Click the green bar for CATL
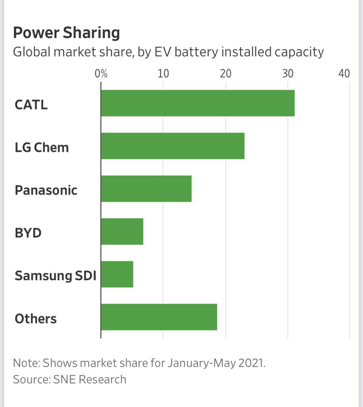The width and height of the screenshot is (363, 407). coord(197,103)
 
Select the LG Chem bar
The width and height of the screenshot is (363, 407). coord(172,146)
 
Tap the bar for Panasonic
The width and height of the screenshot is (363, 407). coord(146,188)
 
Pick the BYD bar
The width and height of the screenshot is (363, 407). coord(122,231)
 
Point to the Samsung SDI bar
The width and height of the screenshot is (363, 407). coord(117,274)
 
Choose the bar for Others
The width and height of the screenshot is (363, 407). coord(159,317)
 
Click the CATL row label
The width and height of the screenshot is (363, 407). coord(31,105)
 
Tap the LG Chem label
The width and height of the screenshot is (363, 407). coord(42,147)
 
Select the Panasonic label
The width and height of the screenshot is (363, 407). coord(46,190)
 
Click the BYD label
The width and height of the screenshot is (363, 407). coord(28,233)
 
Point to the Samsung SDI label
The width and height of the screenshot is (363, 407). coord(55,275)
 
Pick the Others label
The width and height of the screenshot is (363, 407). coord(35,318)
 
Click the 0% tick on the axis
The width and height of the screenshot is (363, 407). coord(101,74)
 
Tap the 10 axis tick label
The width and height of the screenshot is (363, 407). coord(163,74)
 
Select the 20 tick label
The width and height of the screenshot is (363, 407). coord(226,74)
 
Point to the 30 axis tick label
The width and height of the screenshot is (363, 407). coord(288,74)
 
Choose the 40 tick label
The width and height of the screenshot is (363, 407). coord(344,74)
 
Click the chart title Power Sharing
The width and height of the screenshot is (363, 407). coord(66,33)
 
